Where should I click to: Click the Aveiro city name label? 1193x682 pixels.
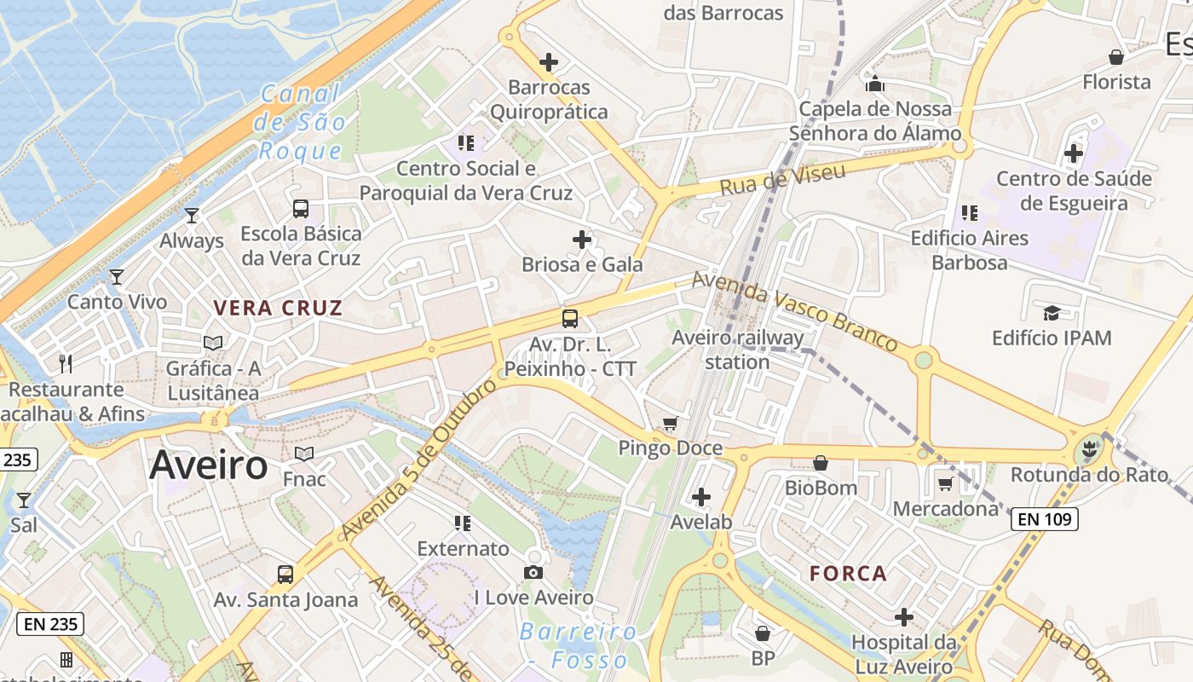(x=208, y=465)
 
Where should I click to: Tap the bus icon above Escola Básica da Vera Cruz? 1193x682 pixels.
(x=301, y=208)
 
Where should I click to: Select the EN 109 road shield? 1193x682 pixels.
(x=1045, y=518)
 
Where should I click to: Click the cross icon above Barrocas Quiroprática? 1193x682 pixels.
(x=550, y=62)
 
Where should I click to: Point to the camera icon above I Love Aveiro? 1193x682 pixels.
(x=533, y=572)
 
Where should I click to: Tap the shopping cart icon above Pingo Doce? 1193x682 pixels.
(x=671, y=423)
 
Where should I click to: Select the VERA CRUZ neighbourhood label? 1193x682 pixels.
(x=278, y=308)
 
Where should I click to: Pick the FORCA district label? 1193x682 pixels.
(x=848, y=573)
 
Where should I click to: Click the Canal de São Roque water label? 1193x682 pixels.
(x=301, y=122)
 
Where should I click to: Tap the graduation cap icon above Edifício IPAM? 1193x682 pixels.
(x=1052, y=313)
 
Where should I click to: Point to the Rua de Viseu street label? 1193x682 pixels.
(x=782, y=179)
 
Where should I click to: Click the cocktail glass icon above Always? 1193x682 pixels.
(x=192, y=215)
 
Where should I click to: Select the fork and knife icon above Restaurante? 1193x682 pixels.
(x=66, y=364)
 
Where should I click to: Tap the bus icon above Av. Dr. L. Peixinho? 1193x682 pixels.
(x=570, y=319)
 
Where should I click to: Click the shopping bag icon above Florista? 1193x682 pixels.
(x=1115, y=57)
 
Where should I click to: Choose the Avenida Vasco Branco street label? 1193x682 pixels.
(x=794, y=311)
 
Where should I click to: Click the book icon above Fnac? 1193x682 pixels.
(x=304, y=454)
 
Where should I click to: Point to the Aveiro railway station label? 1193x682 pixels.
(x=737, y=350)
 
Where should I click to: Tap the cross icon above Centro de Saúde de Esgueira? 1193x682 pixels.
(x=1074, y=153)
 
